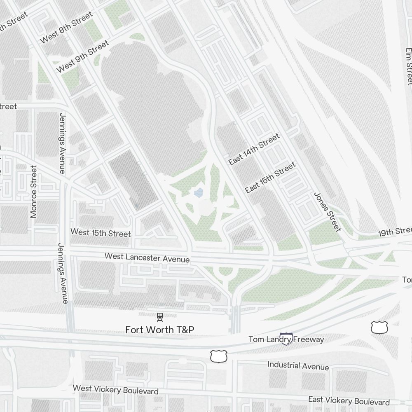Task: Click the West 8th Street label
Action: tap(66, 28)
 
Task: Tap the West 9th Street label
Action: tap(82, 56)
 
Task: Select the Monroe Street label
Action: tap(34, 192)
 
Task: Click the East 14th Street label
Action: tap(254, 149)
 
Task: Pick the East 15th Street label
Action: tap(270, 178)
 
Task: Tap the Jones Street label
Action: tap(328, 212)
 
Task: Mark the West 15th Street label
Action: tap(101, 233)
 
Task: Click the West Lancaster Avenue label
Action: tap(147, 257)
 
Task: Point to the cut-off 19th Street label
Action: tap(395, 232)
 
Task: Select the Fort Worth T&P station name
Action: tap(160, 330)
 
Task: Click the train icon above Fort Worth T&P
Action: tap(160, 317)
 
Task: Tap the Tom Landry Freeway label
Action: tap(286, 339)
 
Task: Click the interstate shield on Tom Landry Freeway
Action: tap(286, 339)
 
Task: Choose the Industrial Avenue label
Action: tap(298, 365)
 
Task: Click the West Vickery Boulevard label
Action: tap(115, 389)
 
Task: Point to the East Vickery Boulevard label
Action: tap(349, 400)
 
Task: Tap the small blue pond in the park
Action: tap(199, 192)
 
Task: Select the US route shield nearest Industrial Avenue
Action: tap(219, 356)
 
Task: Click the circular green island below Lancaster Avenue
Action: tap(225, 272)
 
